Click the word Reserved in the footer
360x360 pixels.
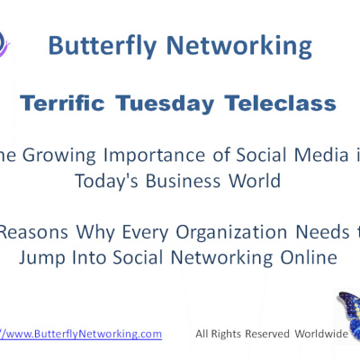pyautogui.click(x=257, y=334)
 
